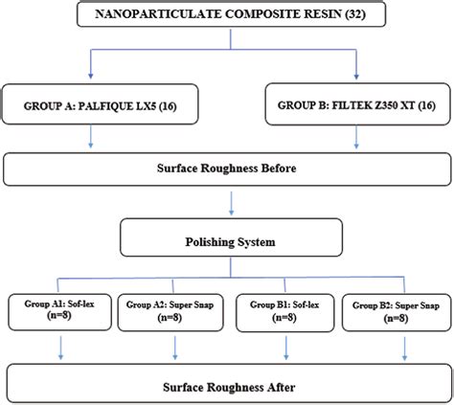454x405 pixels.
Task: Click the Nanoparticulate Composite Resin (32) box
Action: pyautogui.click(x=227, y=16)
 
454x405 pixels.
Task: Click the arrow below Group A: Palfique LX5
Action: pyautogui.click(x=91, y=139)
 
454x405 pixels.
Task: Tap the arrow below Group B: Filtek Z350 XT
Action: pyautogui.click(x=356, y=139)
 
